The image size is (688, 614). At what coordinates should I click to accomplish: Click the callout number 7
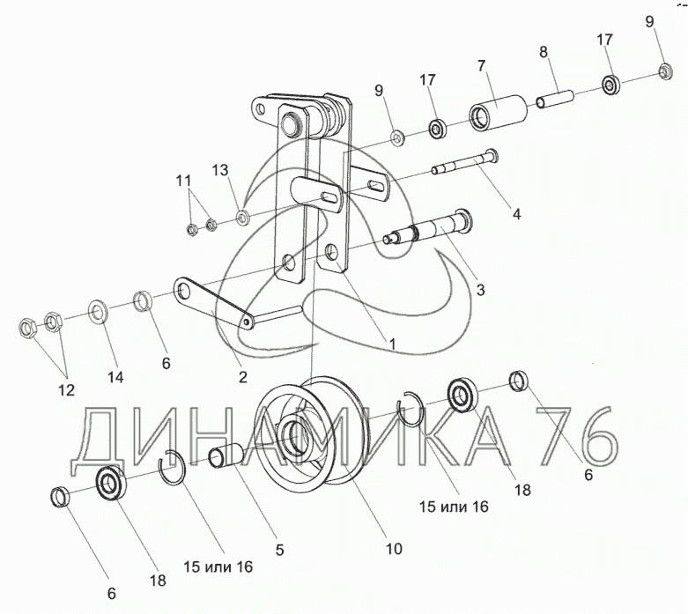[x=482, y=66]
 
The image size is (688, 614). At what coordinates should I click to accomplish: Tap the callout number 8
[x=544, y=52]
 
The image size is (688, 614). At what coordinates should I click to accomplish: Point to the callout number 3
[x=481, y=289]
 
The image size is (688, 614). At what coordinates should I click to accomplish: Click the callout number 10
[x=393, y=548]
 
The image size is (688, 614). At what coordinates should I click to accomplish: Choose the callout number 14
[x=115, y=377]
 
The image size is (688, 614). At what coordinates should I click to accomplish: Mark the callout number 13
[x=219, y=169]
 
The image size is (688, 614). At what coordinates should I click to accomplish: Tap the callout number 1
[x=392, y=342]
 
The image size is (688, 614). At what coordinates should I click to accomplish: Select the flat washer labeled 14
[x=98, y=310]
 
